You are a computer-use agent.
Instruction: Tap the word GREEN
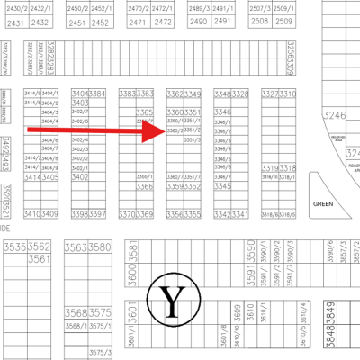(323, 203)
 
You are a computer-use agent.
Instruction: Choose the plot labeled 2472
(162, 22)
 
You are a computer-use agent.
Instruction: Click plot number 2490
(199, 22)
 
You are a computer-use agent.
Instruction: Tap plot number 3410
(32, 214)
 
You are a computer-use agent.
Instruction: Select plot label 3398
(80, 214)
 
